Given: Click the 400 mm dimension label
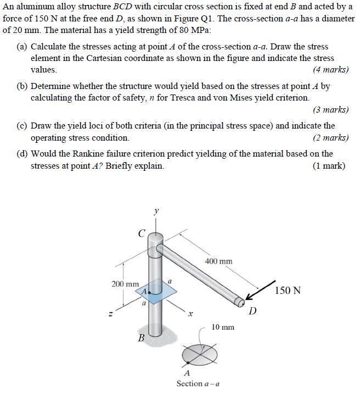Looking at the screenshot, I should coord(219,261).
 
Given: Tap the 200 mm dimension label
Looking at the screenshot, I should coord(125,284).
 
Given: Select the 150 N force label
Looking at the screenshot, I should coord(287,290).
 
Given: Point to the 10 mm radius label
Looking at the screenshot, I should coord(223,327).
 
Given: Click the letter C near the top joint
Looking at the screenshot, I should coord(142,234).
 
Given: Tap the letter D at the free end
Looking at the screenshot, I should coord(252,311).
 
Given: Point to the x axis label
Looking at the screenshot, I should coord(190,315).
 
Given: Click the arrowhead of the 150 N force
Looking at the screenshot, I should coord(249,298).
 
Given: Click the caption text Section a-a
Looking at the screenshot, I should coord(198,383).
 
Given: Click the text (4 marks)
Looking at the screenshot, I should coord(330,70).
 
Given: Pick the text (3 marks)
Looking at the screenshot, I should coord(330,109).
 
